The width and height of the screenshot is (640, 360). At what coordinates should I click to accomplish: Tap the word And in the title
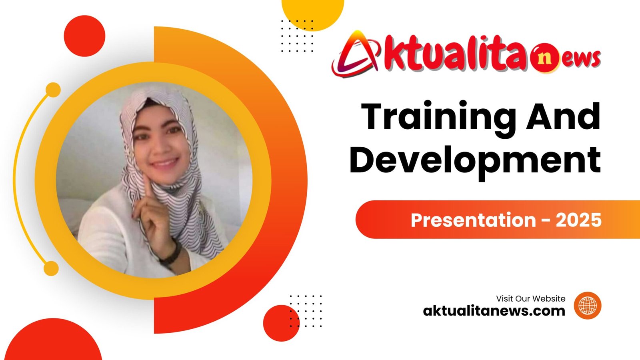563,116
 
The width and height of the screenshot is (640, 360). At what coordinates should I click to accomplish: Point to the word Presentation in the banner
473,220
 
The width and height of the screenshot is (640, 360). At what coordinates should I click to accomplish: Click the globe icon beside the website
588,306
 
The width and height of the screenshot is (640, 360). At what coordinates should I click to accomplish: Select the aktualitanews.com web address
494,311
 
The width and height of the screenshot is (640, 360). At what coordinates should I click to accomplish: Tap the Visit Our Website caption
530,298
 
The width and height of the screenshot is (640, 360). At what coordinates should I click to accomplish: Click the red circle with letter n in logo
544,58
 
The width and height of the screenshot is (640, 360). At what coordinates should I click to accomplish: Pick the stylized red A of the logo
356,54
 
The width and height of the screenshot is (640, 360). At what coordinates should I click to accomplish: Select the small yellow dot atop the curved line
53,90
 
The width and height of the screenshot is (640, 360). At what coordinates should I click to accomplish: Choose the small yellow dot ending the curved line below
51,268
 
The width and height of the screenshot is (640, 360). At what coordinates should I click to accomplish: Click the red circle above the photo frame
84,36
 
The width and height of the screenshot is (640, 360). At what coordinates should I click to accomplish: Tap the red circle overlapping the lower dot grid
282,323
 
